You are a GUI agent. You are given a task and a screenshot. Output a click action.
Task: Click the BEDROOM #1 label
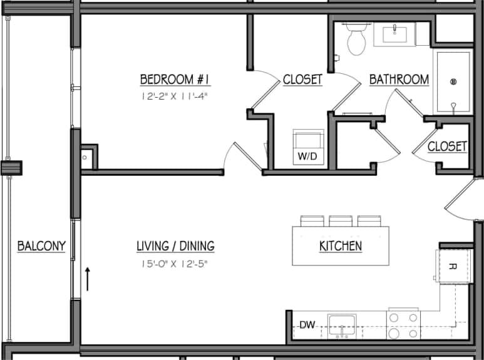tap(173, 80)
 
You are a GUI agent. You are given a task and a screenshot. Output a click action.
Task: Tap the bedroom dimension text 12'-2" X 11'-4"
tap(173, 96)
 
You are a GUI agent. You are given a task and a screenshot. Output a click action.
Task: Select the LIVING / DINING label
tap(175, 246)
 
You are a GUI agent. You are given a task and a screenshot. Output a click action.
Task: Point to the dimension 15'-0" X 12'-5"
tap(175, 264)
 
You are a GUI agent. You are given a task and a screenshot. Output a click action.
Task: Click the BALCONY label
tap(41, 246)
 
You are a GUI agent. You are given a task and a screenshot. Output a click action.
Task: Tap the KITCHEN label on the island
tap(341, 246)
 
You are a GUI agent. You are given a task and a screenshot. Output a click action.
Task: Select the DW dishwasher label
tap(307, 324)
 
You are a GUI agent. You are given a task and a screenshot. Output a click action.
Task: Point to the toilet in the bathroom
tap(357, 39)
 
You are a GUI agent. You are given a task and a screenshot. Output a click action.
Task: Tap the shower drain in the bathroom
tap(454, 81)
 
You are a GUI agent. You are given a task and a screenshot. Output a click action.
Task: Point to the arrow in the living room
tap(88, 279)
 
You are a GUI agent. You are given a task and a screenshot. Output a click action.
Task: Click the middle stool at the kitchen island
tap(341, 221)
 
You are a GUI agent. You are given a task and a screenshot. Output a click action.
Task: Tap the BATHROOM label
tap(399, 80)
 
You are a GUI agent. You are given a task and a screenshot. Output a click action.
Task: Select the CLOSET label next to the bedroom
tap(302, 80)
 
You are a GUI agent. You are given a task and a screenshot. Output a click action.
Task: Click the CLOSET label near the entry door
tap(447, 147)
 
